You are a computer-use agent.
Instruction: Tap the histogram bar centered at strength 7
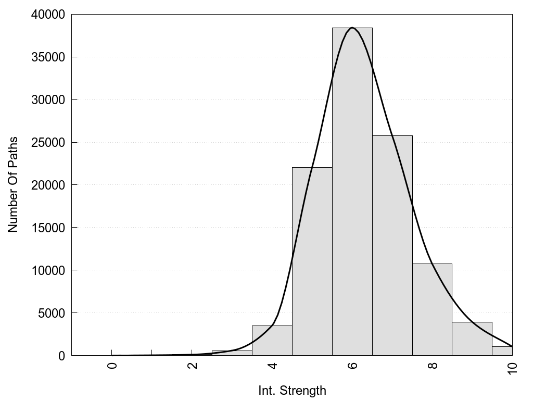pyautogui.click(x=392, y=245)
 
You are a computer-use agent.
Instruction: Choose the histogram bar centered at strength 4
pyautogui.click(x=272, y=341)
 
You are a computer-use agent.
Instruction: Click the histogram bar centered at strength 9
pyautogui.click(x=472, y=339)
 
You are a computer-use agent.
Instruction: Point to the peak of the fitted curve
pyautogui.click(x=352, y=28)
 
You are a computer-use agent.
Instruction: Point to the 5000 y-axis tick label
pyautogui.click(x=50, y=313)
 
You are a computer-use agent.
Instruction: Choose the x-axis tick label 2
pyautogui.click(x=193, y=365)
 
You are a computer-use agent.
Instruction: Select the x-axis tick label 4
pyautogui.click(x=273, y=365)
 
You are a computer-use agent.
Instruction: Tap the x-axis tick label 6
pyautogui.click(x=353, y=365)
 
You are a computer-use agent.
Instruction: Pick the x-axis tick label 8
pyautogui.click(x=433, y=365)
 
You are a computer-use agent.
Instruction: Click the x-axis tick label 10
pyautogui.click(x=513, y=367)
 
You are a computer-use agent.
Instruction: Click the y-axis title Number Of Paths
pyautogui.click(x=13, y=185)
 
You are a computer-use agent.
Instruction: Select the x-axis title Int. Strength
pyautogui.click(x=292, y=391)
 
